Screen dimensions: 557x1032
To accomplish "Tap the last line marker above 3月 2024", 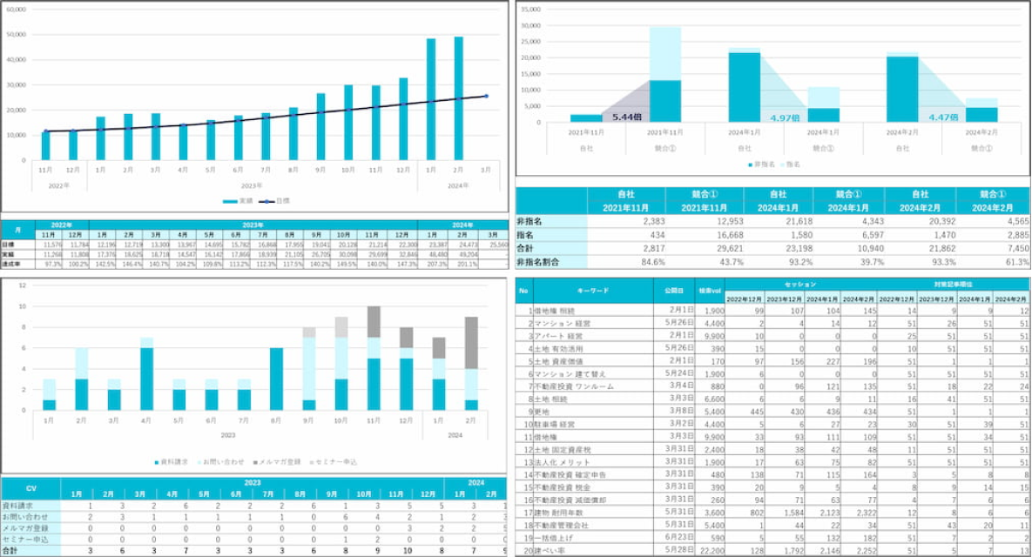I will point(486,96).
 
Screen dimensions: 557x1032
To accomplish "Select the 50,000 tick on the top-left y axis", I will point(16,35).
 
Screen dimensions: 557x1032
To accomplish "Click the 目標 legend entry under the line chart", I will point(278,201).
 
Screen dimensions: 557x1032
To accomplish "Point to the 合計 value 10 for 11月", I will point(376,551).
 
